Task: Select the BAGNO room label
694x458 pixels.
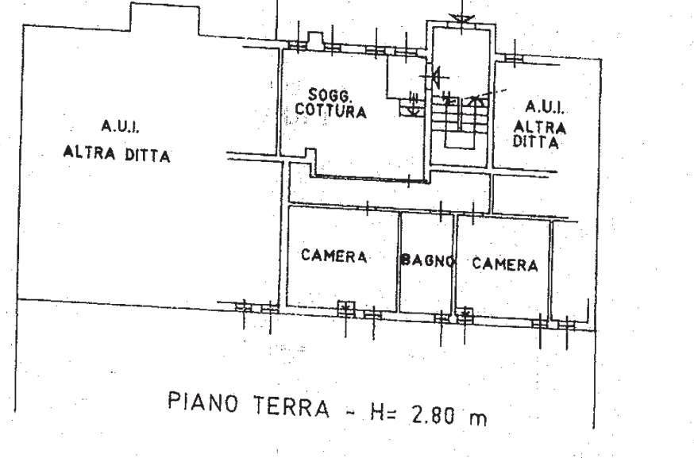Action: [427, 260]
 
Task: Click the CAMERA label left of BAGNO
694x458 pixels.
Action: [334, 256]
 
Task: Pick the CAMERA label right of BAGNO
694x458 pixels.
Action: [504, 264]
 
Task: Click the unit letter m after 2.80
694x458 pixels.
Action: [477, 418]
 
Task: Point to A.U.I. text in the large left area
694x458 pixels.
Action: [121, 125]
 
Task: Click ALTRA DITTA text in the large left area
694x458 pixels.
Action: [117, 153]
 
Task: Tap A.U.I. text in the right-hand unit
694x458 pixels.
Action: [545, 106]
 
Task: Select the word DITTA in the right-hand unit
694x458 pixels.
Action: [538, 144]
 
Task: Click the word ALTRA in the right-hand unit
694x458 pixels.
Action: [540, 127]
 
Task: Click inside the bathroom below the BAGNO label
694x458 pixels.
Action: [427, 290]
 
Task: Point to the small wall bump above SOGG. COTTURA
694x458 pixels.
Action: [314, 39]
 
